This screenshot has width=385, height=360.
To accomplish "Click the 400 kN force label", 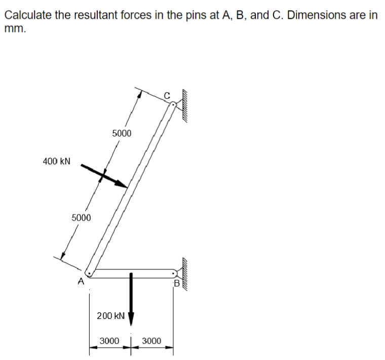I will click(x=57, y=161).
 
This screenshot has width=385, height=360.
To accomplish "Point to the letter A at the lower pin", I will click(x=81, y=281).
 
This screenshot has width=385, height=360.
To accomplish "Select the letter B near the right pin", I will click(x=177, y=283).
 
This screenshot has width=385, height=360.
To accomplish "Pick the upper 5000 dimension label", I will click(x=122, y=133).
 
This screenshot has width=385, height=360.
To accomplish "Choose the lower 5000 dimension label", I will click(x=81, y=218).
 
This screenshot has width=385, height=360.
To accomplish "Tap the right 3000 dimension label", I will click(x=151, y=341).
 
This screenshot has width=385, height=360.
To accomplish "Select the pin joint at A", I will click(x=90, y=274).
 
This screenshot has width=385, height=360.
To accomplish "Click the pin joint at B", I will click(x=174, y=273).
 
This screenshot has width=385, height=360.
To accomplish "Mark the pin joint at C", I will click(x=173, y=105).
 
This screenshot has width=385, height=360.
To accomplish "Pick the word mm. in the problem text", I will click(x=15, y=28).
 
